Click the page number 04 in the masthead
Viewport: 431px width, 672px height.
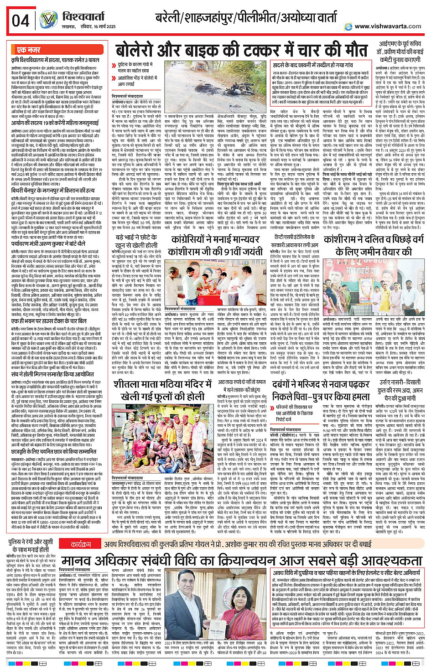point(20,21)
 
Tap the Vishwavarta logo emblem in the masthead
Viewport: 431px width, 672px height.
point(48,20)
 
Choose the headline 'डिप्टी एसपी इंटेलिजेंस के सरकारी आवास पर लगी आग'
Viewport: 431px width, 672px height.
point(295,241)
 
